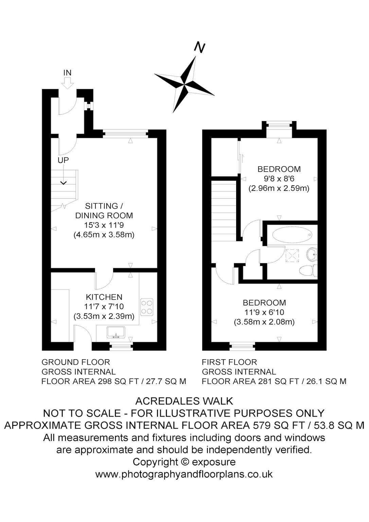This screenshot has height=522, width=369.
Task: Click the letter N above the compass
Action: click(200, 48)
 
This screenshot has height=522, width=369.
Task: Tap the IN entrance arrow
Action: click(67, 83)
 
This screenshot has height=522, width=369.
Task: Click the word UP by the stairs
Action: click(63, 160)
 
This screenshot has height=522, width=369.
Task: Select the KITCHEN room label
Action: click(104, 297)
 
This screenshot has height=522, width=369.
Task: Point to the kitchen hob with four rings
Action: click(147, 307)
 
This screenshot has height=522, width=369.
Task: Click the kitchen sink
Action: click(116, 332)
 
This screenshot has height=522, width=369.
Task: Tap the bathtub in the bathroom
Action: click(292, 235)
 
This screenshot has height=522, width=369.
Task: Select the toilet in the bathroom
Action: click(309, 271)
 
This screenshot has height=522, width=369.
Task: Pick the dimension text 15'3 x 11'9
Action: click(104, 225)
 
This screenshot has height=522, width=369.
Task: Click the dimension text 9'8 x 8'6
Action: click(279, 179)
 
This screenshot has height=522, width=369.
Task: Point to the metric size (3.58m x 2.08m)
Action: click(264, 322)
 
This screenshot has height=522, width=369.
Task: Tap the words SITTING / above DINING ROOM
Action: click(104, 206)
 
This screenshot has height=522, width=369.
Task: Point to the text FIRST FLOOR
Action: click(229, 362)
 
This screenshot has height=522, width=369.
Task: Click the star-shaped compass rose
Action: click(184, 84)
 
